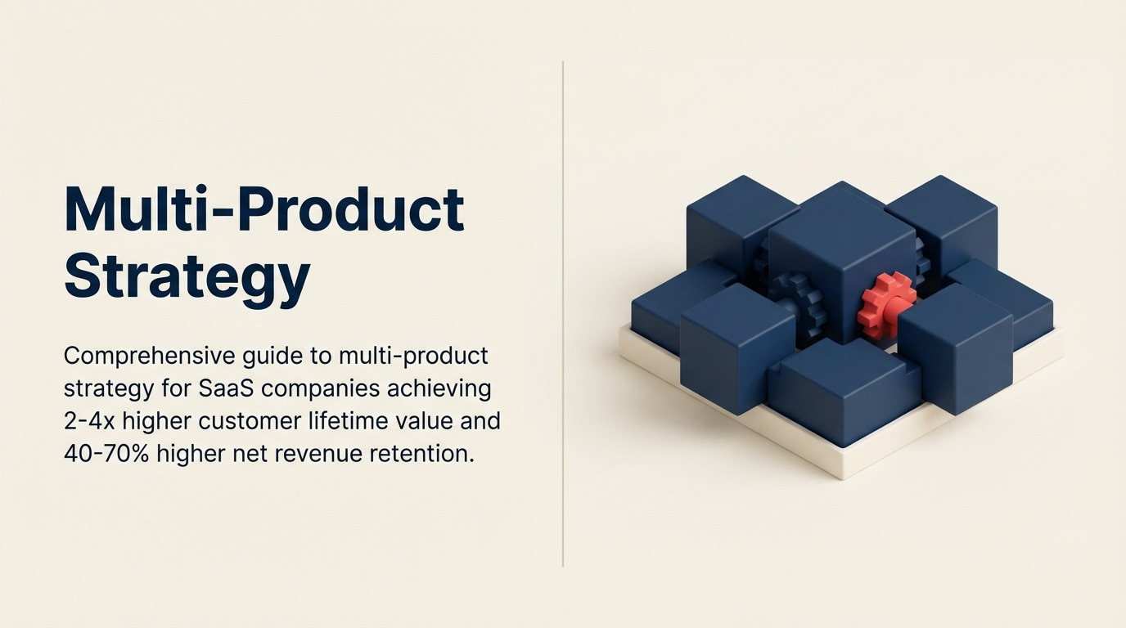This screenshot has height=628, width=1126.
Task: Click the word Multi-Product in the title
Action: click(x=263, y=209)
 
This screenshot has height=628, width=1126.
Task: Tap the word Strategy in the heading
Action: click(x=187, y=276)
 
